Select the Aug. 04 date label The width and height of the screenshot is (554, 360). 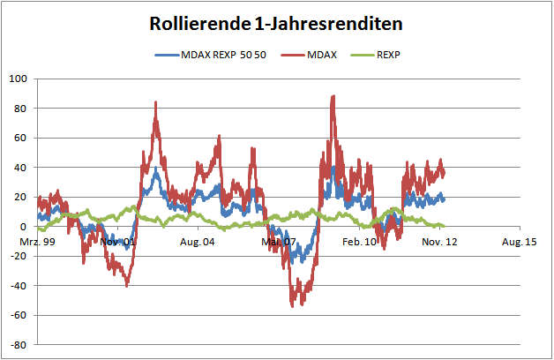pyautogui.click(x=198, y=241)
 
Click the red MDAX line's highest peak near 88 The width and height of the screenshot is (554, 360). pyautogui.click(x=333, y=96)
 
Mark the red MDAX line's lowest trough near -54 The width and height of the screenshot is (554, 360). pyautogui.click(x=293, y=305)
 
